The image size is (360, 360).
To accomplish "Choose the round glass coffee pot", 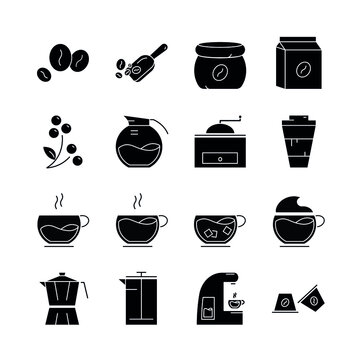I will [x=139, y=145].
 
